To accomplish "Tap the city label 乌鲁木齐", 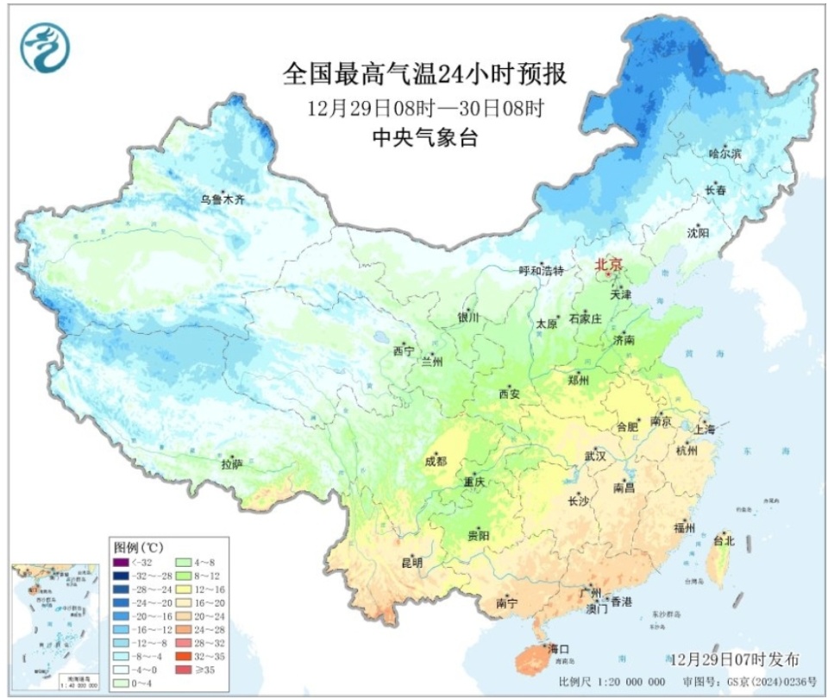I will (223, 199).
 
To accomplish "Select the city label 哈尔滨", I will (724, 153).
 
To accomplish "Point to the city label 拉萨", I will (231, 464).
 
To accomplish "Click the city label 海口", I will (559, 649).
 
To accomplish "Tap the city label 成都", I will (435, 461).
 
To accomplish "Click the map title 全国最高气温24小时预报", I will (424, 74).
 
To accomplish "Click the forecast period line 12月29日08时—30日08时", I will (424, 108).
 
